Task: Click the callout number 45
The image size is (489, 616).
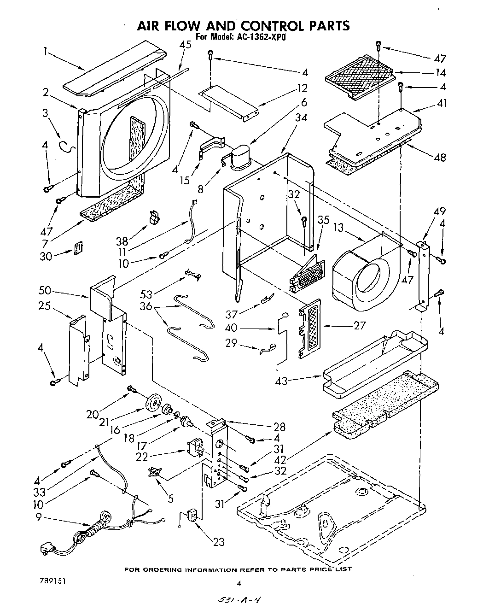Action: (186, 45)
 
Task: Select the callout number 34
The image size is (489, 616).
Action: (301, 118)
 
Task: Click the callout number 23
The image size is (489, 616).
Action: (219, 542)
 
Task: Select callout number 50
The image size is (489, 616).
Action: (45, 291)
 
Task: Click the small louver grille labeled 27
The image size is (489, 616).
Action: (309, 327)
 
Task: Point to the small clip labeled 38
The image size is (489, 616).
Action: (155, 217)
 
